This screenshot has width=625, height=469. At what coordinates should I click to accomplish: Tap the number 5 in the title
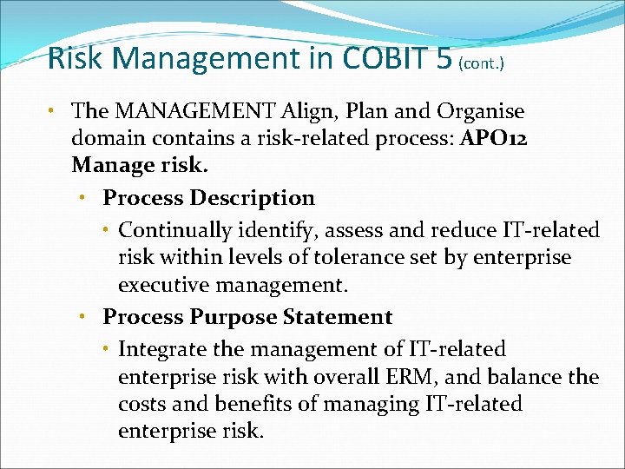click(x=444, y=59)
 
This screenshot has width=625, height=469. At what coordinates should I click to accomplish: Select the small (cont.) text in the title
click(x=479, y=63)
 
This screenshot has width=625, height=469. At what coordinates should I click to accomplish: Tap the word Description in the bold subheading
click(x=253, y=198)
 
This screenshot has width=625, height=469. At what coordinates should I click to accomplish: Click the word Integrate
click(x=159, y=349)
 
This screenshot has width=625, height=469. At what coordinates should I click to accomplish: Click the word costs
click(x=141, y=404)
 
